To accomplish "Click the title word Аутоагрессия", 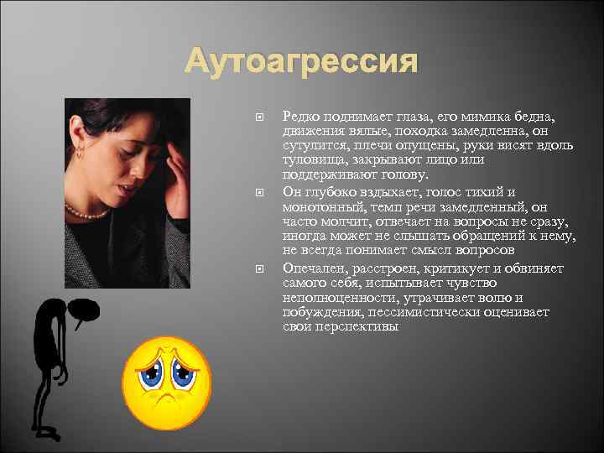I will pos(301,61).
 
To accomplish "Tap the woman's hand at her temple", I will pos(177,159).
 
